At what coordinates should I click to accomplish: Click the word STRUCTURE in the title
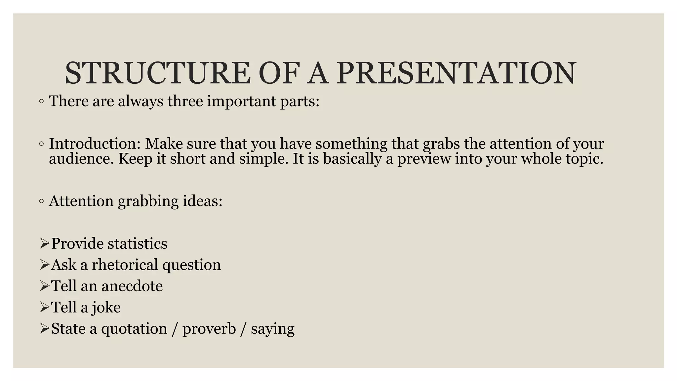click(x=157, y=73)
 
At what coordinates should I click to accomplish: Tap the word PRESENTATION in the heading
click(x=457, y=73)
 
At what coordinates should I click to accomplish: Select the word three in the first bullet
click(x=185, y=101)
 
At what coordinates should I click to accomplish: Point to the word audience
click(x=81, y=159)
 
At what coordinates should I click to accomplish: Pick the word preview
click(x=424, y=159)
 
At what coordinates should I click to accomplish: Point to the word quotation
click(x=134, y=329)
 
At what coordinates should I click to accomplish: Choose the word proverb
click(x=209, y=329)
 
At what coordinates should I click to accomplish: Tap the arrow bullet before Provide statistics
click(x=44, y=244)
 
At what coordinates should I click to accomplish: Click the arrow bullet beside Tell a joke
click(x=44, y=308)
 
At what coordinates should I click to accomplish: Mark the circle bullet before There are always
click(x=41, y=102)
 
